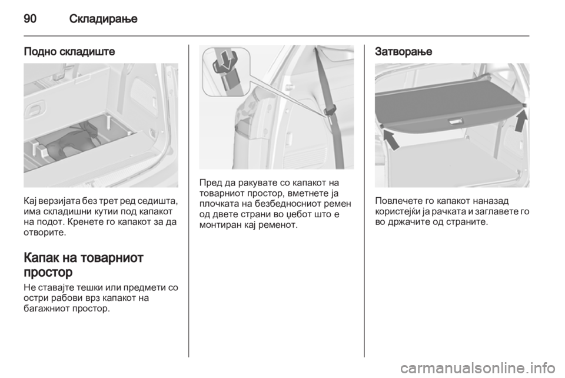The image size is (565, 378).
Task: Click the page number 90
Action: (x=30, y=18)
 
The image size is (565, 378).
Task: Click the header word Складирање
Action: (x=104, y=18)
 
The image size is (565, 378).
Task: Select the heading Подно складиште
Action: (x=69, y=52)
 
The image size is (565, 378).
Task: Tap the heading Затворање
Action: (x=403, y=52)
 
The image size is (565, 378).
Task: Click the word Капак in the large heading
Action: (x=41, y=258)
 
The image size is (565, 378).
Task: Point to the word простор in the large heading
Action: (x=48, y=272)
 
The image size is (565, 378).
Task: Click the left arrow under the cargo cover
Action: (x=391, y=140)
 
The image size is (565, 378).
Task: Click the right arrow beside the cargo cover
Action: (x=520, y=121)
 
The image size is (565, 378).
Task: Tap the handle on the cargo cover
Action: (x=455, y=122)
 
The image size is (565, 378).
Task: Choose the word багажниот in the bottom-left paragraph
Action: (x=46, y=309)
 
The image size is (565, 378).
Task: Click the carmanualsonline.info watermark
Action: (x=477, y=368)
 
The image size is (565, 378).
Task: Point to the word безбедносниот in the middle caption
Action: (x=287, y=204)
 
